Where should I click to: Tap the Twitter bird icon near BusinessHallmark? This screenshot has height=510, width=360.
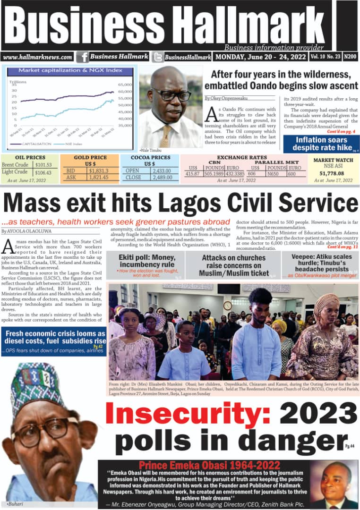[x=158, y=57]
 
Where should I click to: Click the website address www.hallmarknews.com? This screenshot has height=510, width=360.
[x=38, y=57]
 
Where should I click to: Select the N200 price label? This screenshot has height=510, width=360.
[x=350, y=57]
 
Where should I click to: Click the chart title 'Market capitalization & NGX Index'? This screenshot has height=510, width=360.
[x=70, y=70]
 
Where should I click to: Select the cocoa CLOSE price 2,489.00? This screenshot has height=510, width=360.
[x=164, y=178]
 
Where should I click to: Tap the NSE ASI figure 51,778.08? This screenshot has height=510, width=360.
[x=333, y=173]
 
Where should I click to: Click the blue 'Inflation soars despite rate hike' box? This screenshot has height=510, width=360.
[x=321, y=144]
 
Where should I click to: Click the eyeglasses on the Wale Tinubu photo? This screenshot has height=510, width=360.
[x=171, y=94]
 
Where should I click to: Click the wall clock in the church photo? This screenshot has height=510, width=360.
[x=228, y=305]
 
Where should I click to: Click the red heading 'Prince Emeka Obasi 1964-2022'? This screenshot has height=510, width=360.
[x=209, y=465]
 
